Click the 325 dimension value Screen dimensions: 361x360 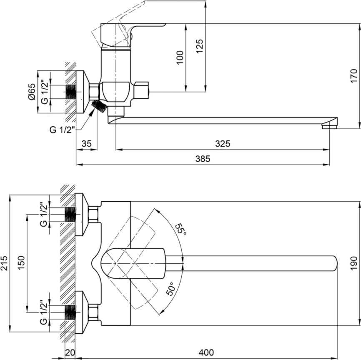click(x=223, y=144)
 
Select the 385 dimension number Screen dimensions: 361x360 click(x=203, y=159)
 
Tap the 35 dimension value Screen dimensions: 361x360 click(x=87, y=144)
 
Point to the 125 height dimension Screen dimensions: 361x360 click(x=200, y=46)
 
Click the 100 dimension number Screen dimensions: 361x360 click(x=180, y=57)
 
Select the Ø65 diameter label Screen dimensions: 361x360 click(x=32, y=92)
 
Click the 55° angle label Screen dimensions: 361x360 click(x=181, y=229)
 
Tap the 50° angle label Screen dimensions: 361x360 click(x=170, y=289)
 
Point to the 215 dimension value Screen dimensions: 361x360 click(x=4, y=263)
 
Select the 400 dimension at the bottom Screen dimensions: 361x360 click(x=206, y=352)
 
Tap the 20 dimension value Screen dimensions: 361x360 click(x=70, y=352)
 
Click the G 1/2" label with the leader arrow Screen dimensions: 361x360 click(x=63, y=130)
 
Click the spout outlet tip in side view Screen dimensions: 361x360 click(x=330, y=126)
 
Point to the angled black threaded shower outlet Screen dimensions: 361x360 click(x=99, y=106)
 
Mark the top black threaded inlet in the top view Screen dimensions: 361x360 click(x=70, y=214)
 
